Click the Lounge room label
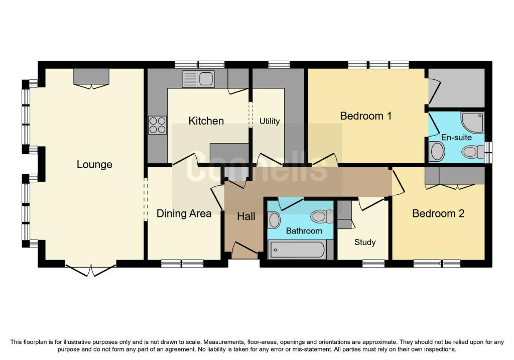pyautogui.click(x=94, y=165)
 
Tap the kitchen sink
pyautogui.click(x=199, y=79)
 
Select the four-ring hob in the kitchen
pyautogui.click(x=157, y=125)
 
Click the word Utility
pyautogui.click(x=270, y=121)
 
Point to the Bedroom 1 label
pyautogui.click(x=365, y=116)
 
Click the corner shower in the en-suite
pyautogui.click(x=473, y=122)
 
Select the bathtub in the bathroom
pyautogui.click(x=297, y=250)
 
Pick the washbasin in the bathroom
pyautogui.click(x=274, y=220)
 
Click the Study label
pyautogui.click(x=365, y=242)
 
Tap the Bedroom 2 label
pyautogui.click(x=438, y=213)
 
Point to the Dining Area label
pyautogui.click(x=184, y=213)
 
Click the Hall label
pyautogui.click(x=246, y=216)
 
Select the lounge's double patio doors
pyautogui.click(x=91, y=270)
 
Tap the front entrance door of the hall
pyautogui.click(x=244, y=249)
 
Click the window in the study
pyautogui.click(x=373, y=263)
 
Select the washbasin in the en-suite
pyautogui.click(x=437, y=151)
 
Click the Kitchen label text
pyautogui.click(x=206, y=121)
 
